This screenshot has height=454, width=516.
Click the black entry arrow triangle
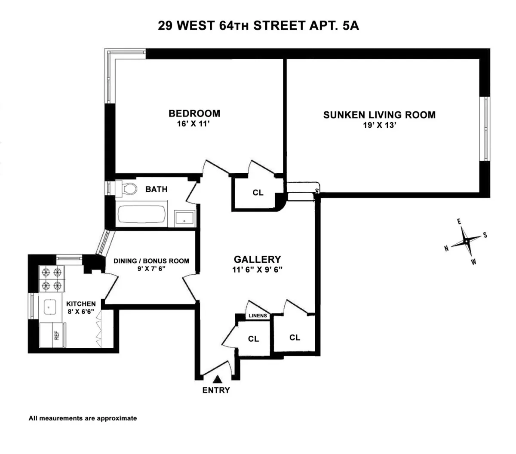218,379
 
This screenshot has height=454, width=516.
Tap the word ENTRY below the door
216,390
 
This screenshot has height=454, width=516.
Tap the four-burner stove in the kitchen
52,279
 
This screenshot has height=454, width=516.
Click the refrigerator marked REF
52,334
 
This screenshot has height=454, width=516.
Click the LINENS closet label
258,316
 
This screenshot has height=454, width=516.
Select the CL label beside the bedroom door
258,193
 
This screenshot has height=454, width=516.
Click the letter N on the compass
447,248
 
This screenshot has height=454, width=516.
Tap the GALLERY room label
257,259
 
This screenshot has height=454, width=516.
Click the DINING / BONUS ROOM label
151,261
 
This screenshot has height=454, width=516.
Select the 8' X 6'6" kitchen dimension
81,312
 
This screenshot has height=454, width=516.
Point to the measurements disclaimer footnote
83,418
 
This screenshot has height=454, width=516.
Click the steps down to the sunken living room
300,192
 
